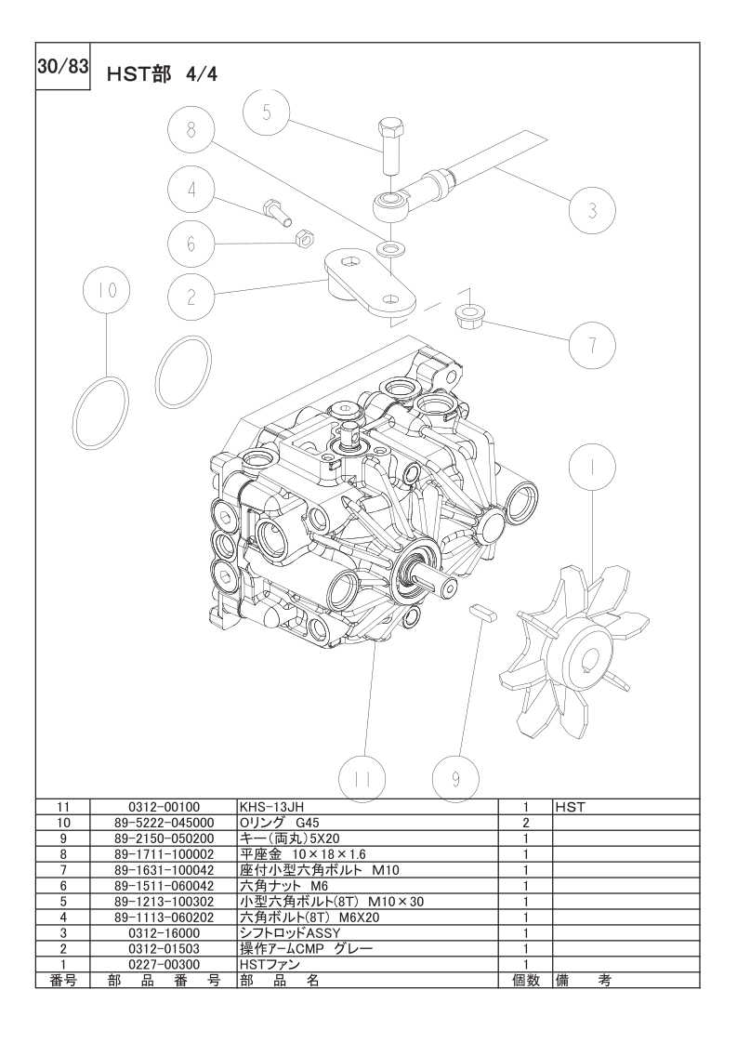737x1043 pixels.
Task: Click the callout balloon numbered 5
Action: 266,112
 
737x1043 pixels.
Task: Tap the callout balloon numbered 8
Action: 191,130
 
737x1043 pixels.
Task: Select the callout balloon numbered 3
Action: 592,211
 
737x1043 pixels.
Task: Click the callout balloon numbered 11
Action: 362,779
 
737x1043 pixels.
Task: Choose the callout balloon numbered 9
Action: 455,779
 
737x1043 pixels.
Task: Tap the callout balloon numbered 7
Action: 592,345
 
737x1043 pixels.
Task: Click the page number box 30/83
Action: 62,69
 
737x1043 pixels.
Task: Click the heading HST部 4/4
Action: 163,74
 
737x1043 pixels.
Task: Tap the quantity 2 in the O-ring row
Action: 525,822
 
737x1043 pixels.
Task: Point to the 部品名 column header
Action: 280,980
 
